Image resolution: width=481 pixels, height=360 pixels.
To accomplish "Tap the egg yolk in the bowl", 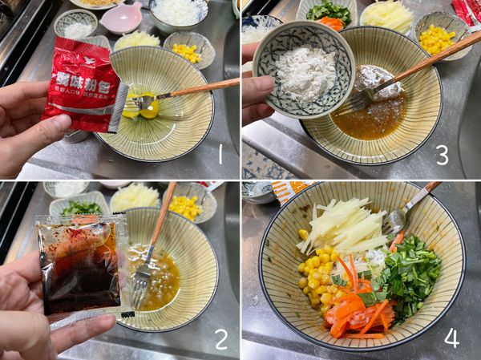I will [149, 107].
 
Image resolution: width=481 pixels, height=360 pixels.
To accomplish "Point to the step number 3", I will [442, 155].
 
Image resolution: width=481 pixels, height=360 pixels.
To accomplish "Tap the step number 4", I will [452, 338].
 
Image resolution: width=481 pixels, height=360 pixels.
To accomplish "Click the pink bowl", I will [121, 16].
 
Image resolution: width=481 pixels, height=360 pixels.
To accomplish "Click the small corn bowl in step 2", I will [185, 206].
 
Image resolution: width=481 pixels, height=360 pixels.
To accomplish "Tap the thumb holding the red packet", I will [32, 129].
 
